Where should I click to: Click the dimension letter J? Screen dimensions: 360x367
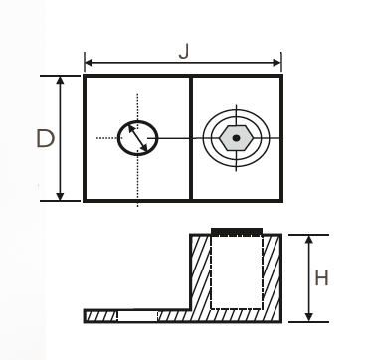183,50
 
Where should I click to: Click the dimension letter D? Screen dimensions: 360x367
44,138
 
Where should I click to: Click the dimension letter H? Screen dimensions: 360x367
321,277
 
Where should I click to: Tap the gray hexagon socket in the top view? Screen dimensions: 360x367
236,138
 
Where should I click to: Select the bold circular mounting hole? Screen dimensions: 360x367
138,137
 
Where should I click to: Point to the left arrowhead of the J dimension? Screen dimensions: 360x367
89,64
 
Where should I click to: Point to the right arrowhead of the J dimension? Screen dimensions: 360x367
278,64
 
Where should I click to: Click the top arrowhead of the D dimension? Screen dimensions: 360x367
61,80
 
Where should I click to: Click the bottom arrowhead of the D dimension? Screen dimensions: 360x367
61,196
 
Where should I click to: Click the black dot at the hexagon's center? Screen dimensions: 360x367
236,138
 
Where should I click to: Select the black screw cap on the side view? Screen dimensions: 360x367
237,232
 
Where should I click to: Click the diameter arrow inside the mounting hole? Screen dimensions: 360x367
138,137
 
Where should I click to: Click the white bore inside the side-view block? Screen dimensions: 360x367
237,273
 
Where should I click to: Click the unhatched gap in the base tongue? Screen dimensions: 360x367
136,316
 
